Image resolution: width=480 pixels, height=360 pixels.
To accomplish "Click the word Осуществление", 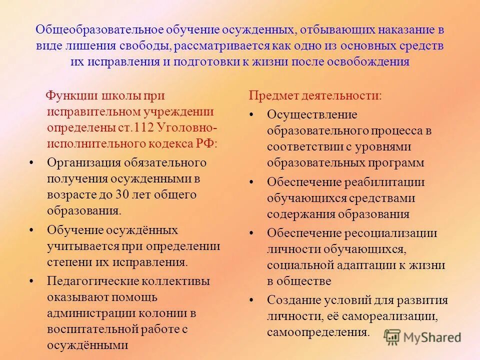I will click(312, 114).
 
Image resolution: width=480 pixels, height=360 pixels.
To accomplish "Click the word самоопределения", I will click(318, 332).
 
